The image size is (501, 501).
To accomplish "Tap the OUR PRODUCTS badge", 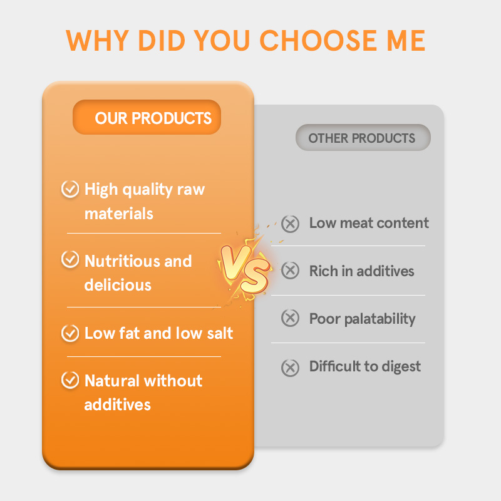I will (x=147, y=118).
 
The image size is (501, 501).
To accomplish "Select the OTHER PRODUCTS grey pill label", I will (x=363, y=138).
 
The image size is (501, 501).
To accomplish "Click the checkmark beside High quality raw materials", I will (x=70, y=189).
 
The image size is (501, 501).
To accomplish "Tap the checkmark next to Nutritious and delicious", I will (x=70, y=261).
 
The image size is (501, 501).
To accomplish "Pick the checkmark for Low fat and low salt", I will (x=70, y=333).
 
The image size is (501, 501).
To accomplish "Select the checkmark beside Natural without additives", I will (x=70, y=380).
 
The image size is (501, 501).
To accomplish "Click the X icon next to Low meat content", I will (x=290, y=224).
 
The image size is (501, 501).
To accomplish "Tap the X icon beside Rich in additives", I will (x=290, y=271).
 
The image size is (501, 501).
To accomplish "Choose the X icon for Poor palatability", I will (x=290, y=318).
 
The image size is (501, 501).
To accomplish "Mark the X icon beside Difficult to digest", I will (x=290, y=367).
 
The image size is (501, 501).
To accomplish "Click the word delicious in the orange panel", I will (x=118, y=285).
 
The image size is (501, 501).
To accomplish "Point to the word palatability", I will (x=380, y=319).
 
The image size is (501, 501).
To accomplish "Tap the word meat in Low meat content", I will (x=356, y=223).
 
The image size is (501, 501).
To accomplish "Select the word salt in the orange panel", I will (x=218, y=333).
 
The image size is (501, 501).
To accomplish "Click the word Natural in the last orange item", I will (x=112, y=381).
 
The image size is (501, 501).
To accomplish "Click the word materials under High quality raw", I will (x=119, y=214).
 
